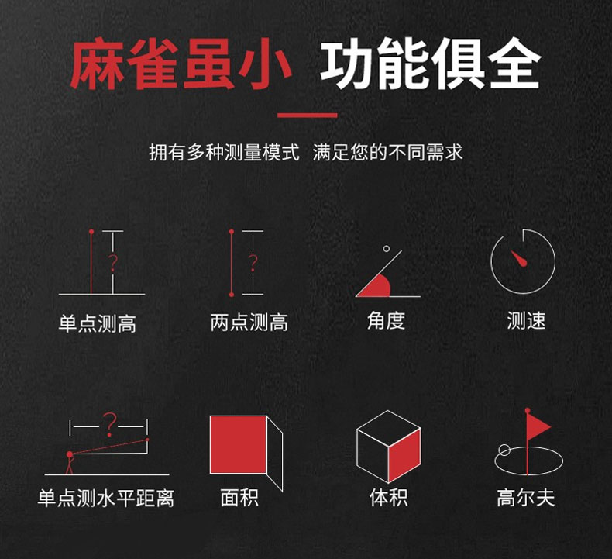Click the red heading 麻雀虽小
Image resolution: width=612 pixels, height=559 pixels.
[181, 64]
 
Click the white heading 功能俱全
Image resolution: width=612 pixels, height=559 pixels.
[430, 64]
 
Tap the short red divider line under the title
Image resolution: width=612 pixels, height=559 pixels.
[308, 116]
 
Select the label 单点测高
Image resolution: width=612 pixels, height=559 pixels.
[98, 323]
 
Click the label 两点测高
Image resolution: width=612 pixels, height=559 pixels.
[249, 323]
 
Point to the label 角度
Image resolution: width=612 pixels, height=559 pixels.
[386, 321]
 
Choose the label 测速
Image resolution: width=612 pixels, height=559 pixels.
[526, 321]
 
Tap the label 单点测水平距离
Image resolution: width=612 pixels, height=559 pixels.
[106, 498]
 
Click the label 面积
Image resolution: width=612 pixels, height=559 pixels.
[239, 498]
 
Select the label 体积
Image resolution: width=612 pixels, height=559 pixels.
[389, 498]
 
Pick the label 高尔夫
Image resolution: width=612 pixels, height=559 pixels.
[526, 498]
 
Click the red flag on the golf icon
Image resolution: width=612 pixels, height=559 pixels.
[538, 426]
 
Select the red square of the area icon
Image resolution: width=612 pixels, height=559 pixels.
[238, 444]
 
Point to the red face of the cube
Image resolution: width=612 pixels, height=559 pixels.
[404, 455]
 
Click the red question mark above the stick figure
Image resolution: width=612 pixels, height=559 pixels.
[109, 424]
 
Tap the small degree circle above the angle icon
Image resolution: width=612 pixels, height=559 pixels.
[387, 248]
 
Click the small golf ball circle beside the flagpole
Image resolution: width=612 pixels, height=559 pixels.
[504, 450]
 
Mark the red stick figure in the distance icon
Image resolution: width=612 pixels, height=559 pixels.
[70, 463]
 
